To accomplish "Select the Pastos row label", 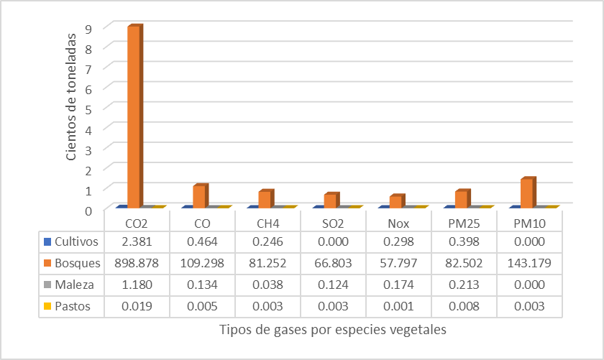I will (x=75, y=306).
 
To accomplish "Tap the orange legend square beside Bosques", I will (x=48, y=262).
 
